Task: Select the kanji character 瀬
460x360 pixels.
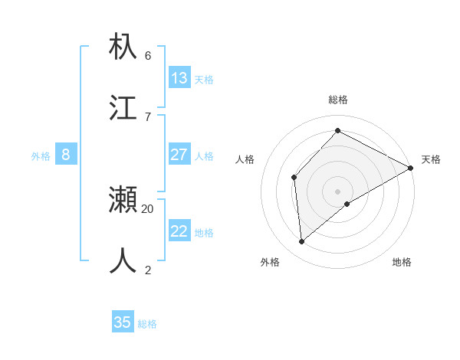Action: [123, 199]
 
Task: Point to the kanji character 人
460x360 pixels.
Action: [123, 260]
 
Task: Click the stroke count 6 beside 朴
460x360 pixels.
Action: [148, 56]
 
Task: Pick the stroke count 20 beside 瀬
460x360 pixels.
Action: [148, 208]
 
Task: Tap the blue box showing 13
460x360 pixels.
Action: [179, 78]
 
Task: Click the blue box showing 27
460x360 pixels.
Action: [179, 155]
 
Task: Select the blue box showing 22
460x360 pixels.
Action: [179, 231]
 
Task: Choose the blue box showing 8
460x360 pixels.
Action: [66, 155]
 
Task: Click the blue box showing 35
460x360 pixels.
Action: [123, 322]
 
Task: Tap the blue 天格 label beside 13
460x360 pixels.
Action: [204, 80]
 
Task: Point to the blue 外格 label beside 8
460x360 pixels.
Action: [41, 156]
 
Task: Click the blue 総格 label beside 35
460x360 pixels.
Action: [147, 324]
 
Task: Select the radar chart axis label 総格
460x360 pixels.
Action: [337, 100]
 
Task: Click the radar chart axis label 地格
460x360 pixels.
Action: [402, 262]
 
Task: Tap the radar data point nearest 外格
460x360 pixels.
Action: [302, 241]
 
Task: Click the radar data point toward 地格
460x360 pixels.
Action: [347, 204]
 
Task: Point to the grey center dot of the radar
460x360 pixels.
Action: [337, 190]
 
